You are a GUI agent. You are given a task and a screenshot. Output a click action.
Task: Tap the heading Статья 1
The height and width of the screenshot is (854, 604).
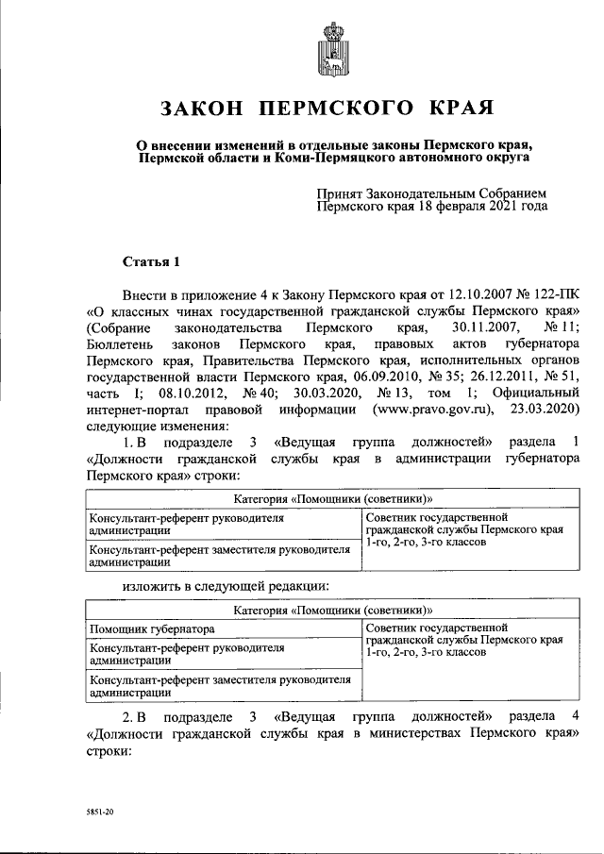pos(151,260)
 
